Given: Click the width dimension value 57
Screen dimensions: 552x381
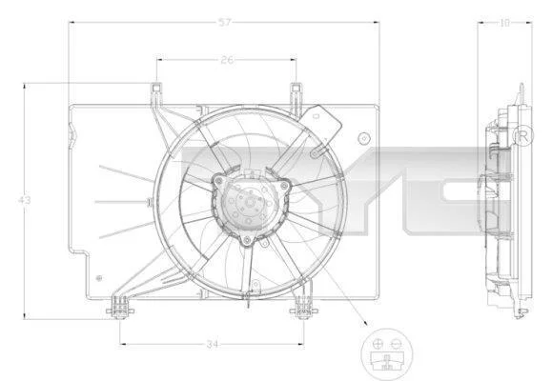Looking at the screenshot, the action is click(225, 23).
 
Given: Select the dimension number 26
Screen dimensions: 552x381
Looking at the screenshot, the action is click(227, 60).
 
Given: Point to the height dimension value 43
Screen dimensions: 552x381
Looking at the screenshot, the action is click(24, 201).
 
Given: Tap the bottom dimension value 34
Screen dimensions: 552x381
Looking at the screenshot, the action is click(213, 344).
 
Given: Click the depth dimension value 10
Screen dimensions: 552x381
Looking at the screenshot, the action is click(504, 23).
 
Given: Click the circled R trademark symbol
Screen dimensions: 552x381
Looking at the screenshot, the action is click(523, 135).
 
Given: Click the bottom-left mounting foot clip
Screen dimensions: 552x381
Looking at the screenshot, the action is click(120, 309).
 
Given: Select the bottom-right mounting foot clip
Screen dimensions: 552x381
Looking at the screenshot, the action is click(303, 309).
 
